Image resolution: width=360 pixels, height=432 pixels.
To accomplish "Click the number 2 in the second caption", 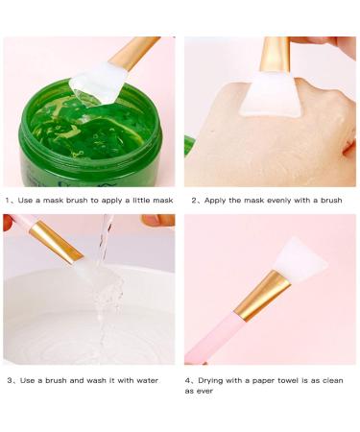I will (194, 201).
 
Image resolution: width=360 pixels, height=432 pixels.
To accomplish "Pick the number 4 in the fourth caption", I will (188, 381).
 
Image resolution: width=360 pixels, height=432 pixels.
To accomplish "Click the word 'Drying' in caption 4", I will (212, 381).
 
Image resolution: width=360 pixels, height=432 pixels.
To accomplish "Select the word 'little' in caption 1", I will (130, 201).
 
